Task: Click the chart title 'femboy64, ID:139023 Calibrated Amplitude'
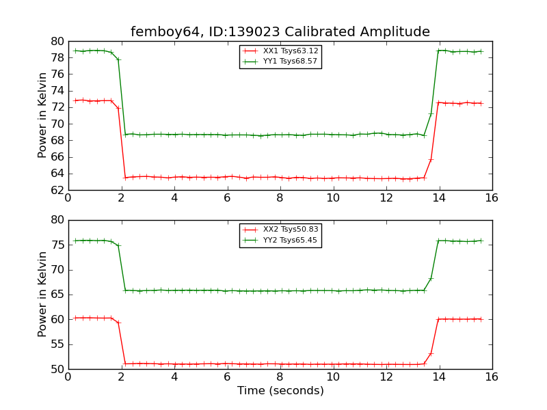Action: point(280,31)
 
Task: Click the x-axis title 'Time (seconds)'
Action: point(280,391)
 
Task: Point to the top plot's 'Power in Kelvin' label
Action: point(42,115)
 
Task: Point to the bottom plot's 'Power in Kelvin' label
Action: point(42,294)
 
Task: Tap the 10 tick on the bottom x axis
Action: point(333,377)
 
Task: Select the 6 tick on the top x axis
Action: point(227,197)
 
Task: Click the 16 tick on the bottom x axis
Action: point(492,377)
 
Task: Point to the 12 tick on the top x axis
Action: point(386,197)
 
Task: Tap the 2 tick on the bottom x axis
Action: point(121,377)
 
